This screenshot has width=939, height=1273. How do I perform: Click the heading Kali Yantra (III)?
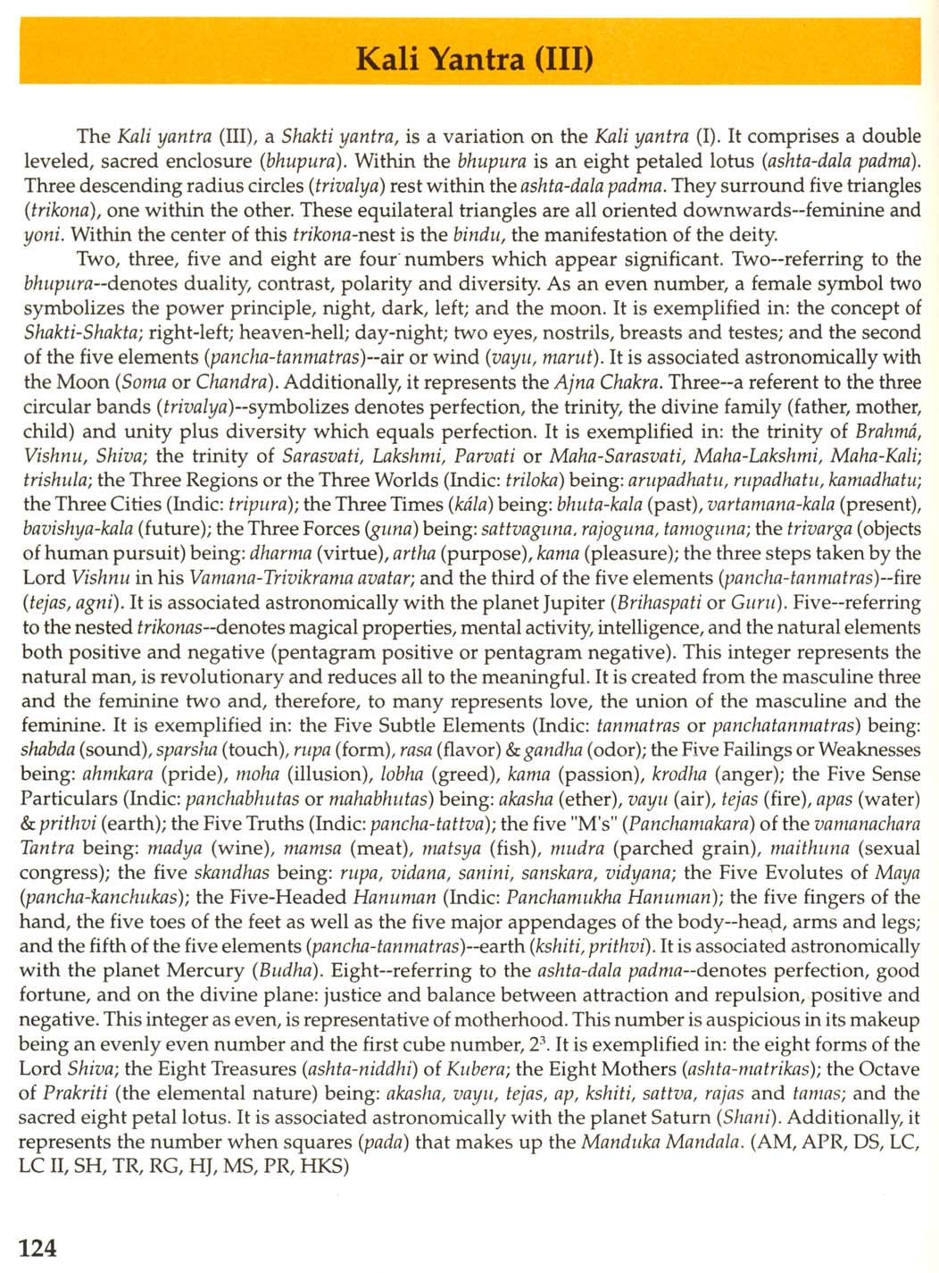tap(474, 59)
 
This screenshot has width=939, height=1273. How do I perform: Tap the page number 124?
tap(37, 1247)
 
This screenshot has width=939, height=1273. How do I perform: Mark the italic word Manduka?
tap(624, 1142)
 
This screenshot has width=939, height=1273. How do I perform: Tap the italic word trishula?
tap(55, 480)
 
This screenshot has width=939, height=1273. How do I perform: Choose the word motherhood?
tap(512, 1019)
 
